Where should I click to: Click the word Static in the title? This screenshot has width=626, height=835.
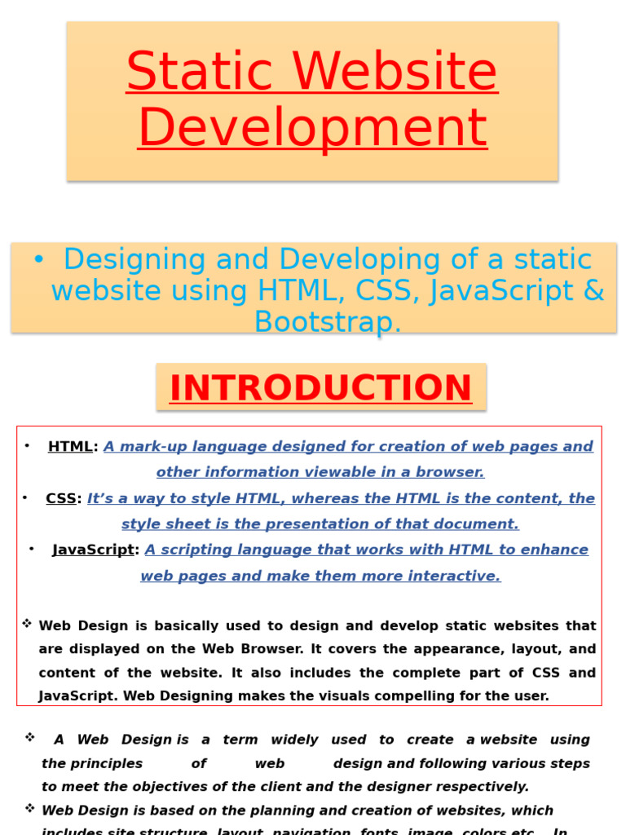pyautogui.click(x=190, y=72)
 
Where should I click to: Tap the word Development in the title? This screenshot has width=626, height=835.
pyautogui.click(x=313, y=127)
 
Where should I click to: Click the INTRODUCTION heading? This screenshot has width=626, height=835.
pyautogui.click(x=320, y=388)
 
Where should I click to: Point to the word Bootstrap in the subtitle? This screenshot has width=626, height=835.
pyautogui.click(x=328, y=322)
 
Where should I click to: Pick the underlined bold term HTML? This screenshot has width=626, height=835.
pyautogui.click(x=70, y=446)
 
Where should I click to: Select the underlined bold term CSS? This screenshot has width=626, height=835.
pyautogui.click(x=60, y=498)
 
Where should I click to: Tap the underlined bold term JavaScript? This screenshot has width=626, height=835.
pyautogui.click(x=93, y=550)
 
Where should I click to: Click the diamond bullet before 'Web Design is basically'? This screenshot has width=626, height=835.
pyautogui.click(x=27, y=624)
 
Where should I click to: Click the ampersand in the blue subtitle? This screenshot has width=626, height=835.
pyautogui.click(x=593, y=291)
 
